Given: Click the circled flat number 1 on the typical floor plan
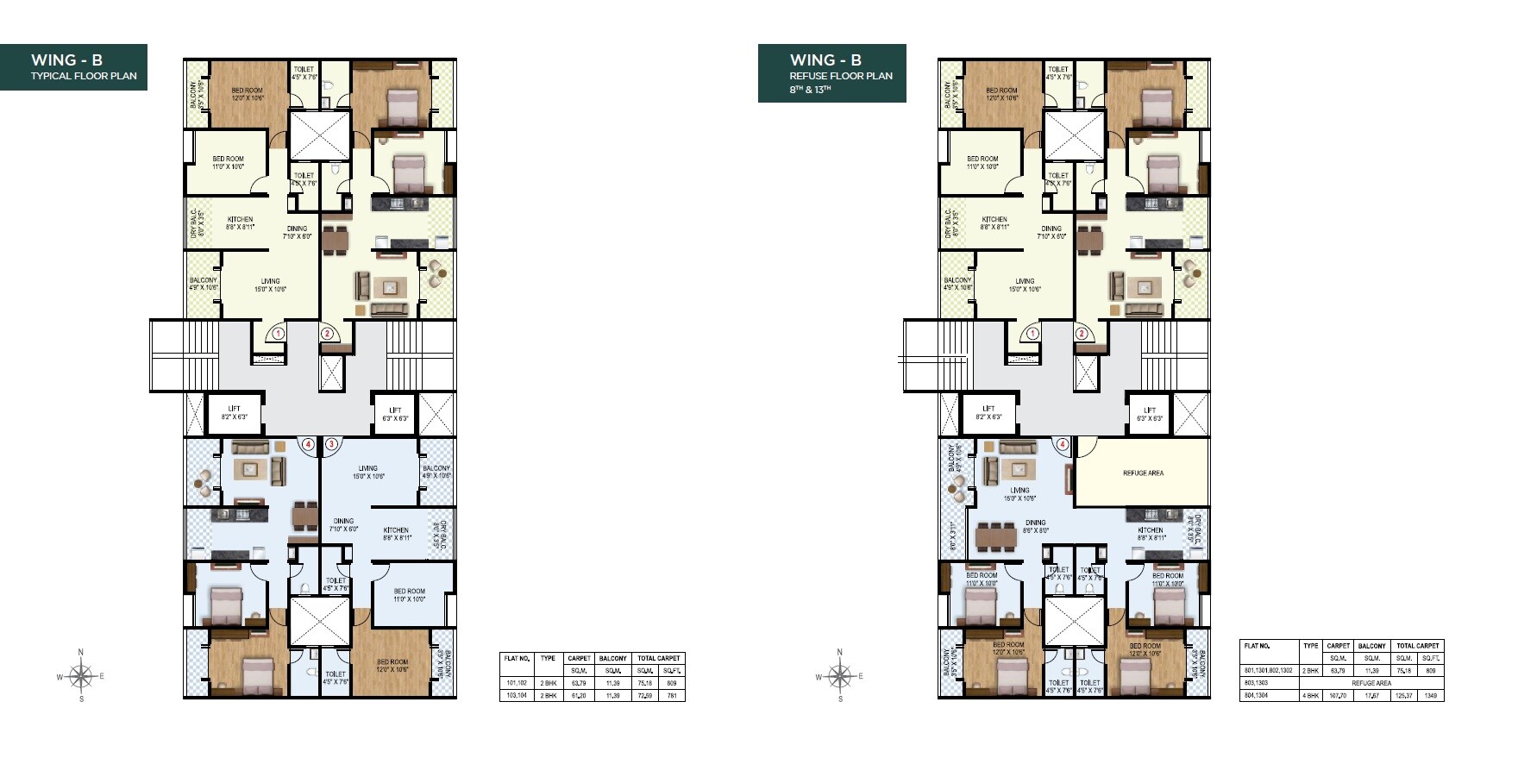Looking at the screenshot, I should click(278, 334).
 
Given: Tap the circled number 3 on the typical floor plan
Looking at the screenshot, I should click(331, 445).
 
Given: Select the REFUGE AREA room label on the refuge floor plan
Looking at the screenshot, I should click(1143, 473).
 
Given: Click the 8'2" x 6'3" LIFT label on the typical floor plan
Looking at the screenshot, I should click(234, 413).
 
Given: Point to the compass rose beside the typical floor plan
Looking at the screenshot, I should click(80, 676).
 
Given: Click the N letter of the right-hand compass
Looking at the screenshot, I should click(839, 653).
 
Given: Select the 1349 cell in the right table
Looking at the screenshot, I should click(1430, 695).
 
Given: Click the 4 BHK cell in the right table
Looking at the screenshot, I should click(1311, 695).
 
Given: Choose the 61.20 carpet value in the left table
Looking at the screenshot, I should click(579, 695).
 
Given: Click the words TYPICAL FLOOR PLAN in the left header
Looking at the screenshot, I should click(84, 76).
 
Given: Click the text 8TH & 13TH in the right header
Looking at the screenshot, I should click(810, 90).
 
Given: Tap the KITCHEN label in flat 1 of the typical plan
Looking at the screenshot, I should click(240, 223).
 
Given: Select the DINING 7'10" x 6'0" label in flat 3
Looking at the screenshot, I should click(343, 525).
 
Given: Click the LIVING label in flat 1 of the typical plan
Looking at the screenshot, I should click(270, 285).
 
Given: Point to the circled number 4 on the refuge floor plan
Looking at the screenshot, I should click(1063, 445).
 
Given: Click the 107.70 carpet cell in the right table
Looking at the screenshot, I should click(1338, 695).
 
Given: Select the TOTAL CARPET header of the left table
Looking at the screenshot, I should click(658, 658).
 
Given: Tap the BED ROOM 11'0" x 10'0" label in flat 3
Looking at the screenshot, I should click(409, 595).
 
